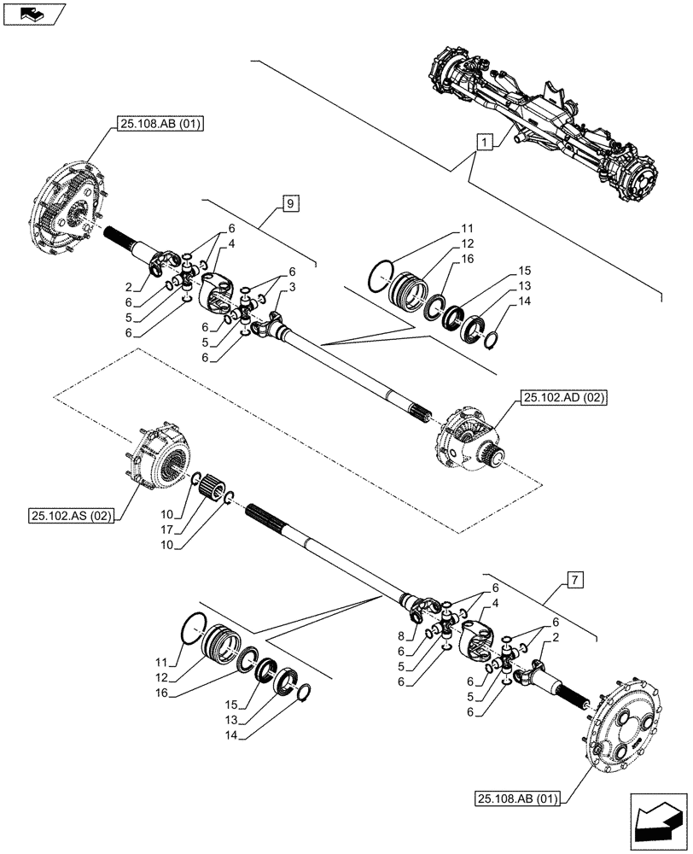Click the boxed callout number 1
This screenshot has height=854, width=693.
484,143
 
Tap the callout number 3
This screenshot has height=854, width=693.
293,289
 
